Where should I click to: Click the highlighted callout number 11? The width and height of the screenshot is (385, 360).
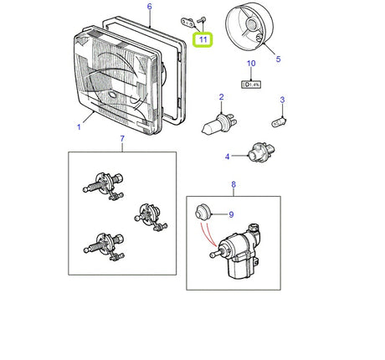pos(202,39)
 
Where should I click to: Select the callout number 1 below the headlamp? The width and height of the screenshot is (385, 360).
pos(80,127)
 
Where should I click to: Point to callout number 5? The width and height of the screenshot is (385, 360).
pos(279,59)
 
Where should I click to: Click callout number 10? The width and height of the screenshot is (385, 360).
pos(250,64)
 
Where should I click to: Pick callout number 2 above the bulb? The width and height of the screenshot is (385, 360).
pos(221,97)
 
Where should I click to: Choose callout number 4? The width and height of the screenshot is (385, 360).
pos(226,156)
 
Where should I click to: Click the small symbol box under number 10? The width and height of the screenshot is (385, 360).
pos(250,83)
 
